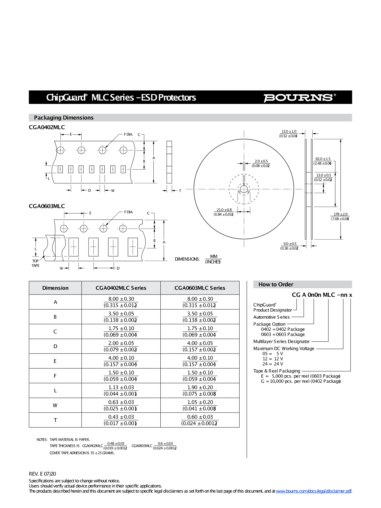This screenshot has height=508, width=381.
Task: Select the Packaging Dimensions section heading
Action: [x=64, y=118]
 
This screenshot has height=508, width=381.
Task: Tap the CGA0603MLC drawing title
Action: [x=47, y=206]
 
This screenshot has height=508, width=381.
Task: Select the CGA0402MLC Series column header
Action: [x=121, y=288]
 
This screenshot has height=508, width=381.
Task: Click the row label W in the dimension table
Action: [x=55, y=405]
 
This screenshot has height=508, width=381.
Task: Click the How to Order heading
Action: [x=276, y=284]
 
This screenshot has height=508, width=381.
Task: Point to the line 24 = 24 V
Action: [x=273, y=364]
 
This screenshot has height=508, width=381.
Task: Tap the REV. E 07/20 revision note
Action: [x=42, y=474]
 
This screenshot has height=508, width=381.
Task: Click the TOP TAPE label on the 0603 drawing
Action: [x=35, y=263]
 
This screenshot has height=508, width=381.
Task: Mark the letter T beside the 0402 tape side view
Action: [x=180, y=191]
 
